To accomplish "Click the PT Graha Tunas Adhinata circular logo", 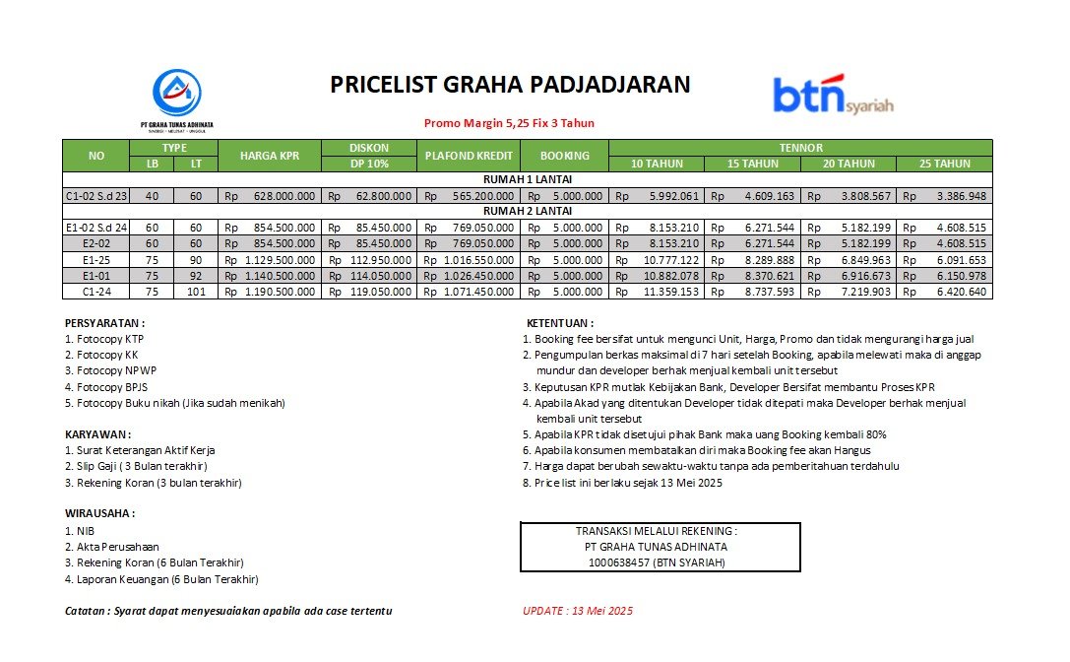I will [177, 93].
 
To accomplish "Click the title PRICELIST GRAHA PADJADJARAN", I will [510, 85].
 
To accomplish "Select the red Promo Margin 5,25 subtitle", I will [509, 123].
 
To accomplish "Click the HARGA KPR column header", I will [269, 156].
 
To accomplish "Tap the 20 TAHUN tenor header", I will [849, 164].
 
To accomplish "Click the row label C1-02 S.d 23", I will [96, 196].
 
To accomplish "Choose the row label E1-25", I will [96, 260].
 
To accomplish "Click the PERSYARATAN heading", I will [105, 322].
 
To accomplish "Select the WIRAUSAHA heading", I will [99, 513].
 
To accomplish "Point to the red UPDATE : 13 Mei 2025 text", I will [577, 611].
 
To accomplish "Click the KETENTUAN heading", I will [560, 322].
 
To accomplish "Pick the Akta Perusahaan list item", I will [111, 546].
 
